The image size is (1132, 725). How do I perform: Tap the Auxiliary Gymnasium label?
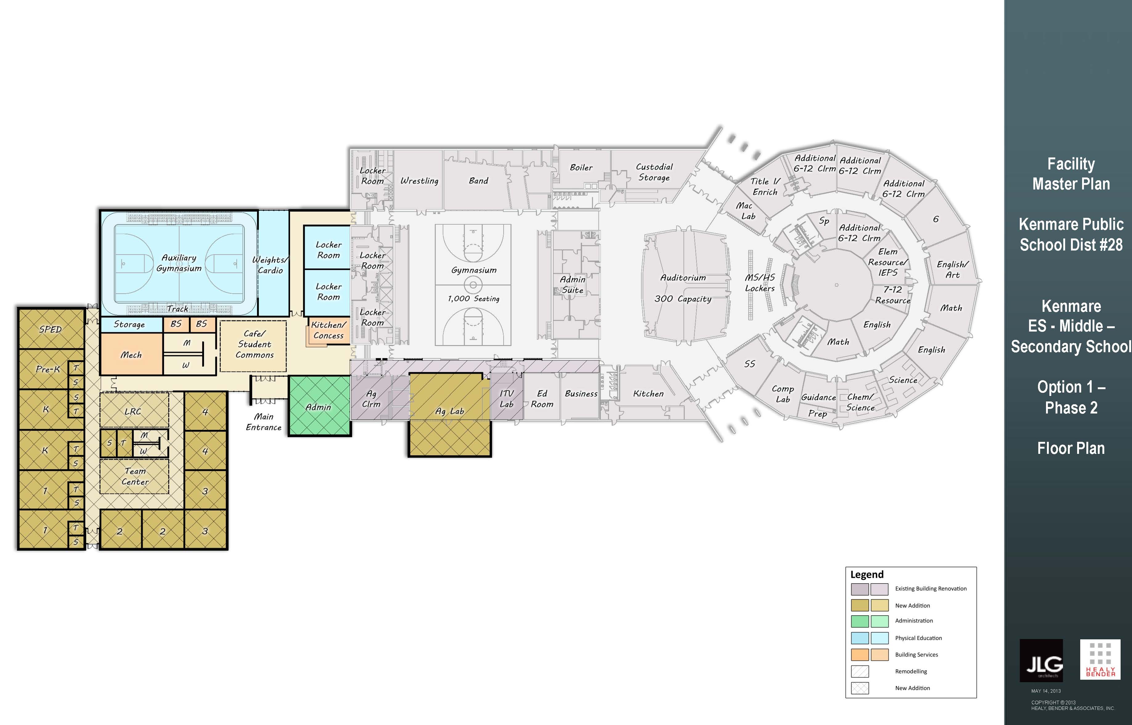click(x=179, y=263)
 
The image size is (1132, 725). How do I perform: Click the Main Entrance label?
click(x=264, y=422)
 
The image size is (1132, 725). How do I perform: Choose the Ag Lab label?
click(x=450, y=411)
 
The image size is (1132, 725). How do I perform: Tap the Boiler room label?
click(x=581, y=168)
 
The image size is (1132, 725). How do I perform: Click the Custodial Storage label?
click(x=654, y=172)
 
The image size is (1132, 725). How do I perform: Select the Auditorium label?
click(x=683, y=278)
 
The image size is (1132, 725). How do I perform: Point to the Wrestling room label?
click(x=419, y=181)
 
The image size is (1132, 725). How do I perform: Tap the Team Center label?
click(x=135, y=476)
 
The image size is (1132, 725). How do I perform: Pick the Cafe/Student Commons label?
click(x=254, y=344)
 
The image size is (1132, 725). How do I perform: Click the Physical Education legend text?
click(x=918, y=638)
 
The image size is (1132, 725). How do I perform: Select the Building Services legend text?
click(x=916, y=654)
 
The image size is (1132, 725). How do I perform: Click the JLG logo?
click(x=1041, y=661)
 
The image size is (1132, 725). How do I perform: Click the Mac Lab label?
click(x=746, y=210)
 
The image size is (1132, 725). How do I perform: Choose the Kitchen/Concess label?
click(x=329, y=330)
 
